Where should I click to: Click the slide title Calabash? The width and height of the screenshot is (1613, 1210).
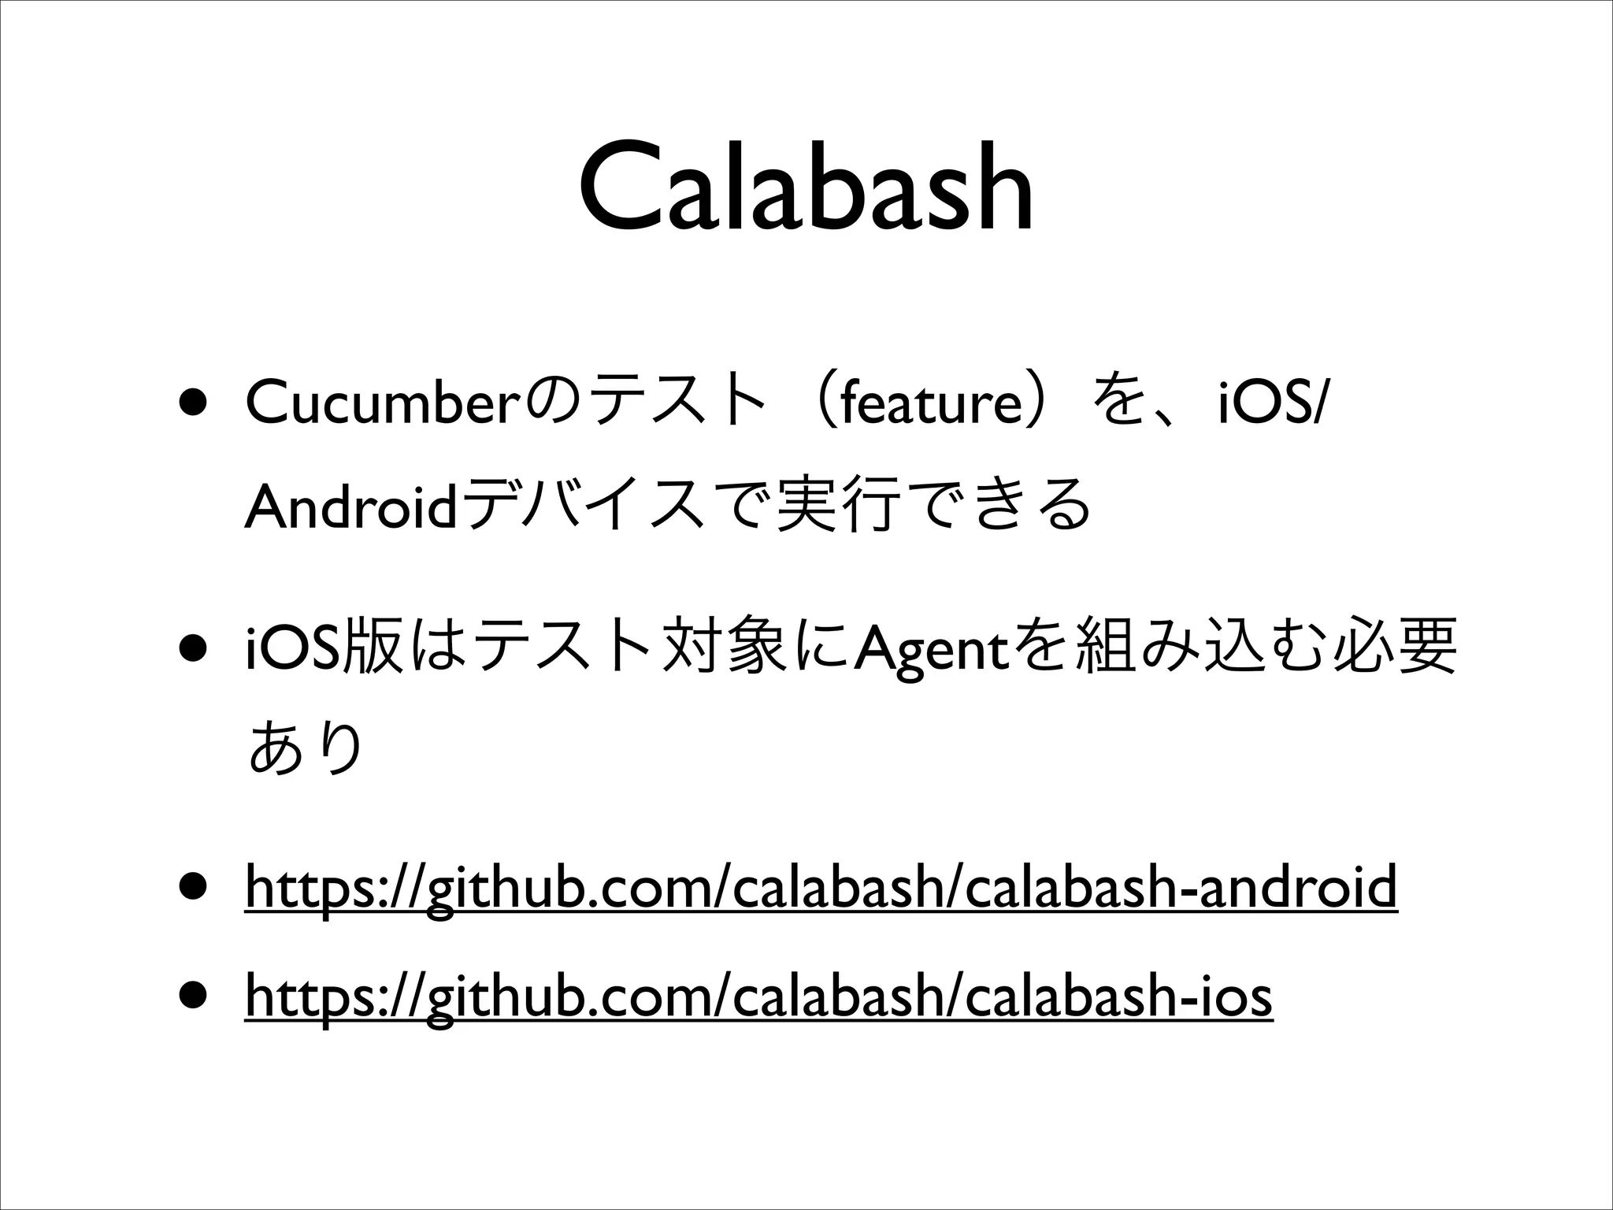pos(806,189)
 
